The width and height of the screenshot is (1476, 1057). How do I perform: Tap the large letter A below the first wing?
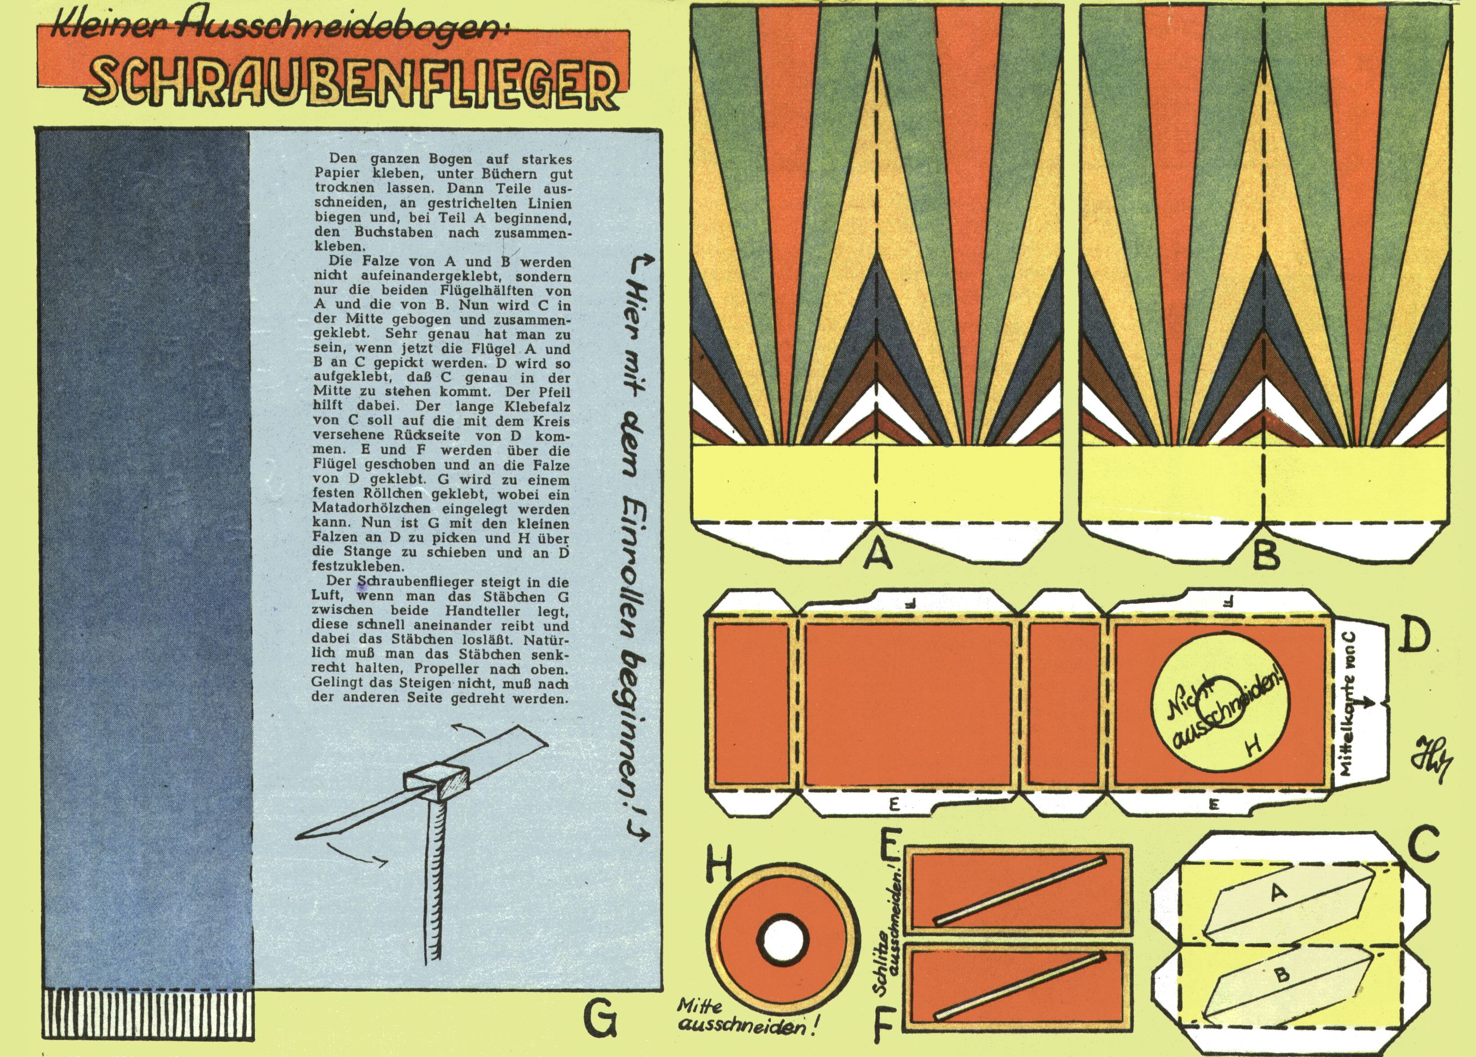(878, 555)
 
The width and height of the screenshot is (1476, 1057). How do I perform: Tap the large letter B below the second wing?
(1266, 555)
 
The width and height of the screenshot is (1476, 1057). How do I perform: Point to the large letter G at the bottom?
(599, 1019)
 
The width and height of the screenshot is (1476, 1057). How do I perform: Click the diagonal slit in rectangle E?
(1019, 890)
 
